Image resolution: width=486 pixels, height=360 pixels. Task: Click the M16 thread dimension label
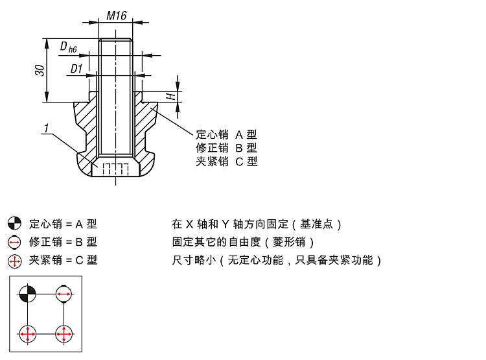(x=116, y=16)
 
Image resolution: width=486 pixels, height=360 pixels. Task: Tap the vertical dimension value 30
(x=40, y=70)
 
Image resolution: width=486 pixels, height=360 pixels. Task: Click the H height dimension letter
(x=170, y=96)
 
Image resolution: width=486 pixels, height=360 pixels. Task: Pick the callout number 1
(x=46, y=129)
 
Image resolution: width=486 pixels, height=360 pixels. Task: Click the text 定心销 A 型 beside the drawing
(x=226, y=135)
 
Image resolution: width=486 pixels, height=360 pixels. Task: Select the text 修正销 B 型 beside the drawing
(x=226, y=148)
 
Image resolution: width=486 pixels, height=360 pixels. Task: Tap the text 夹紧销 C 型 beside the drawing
(x=226, y=162)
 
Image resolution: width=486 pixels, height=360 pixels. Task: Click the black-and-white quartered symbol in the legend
(x=14, y=224)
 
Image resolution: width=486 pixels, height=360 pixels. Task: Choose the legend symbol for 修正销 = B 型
(x=14, y=243)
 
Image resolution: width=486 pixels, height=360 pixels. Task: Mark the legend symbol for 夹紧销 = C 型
(x=14, y=261)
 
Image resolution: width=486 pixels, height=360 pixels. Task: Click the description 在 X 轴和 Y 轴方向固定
(x=257, y=224)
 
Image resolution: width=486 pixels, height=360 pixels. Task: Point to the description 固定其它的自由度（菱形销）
(x=244, y=243)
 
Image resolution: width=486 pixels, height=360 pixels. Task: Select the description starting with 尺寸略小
(x=277, y=261)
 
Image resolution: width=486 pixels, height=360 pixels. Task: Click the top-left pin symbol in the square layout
(x=27, y=294)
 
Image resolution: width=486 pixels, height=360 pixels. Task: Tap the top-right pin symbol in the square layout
(x=64, y=294)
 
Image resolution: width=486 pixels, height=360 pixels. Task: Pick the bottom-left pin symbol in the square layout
(x=27, y=334)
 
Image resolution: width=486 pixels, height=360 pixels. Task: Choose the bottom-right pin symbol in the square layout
(x=64, y=334)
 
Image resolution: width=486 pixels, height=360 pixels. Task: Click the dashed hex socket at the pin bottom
(x=116, y=169)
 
